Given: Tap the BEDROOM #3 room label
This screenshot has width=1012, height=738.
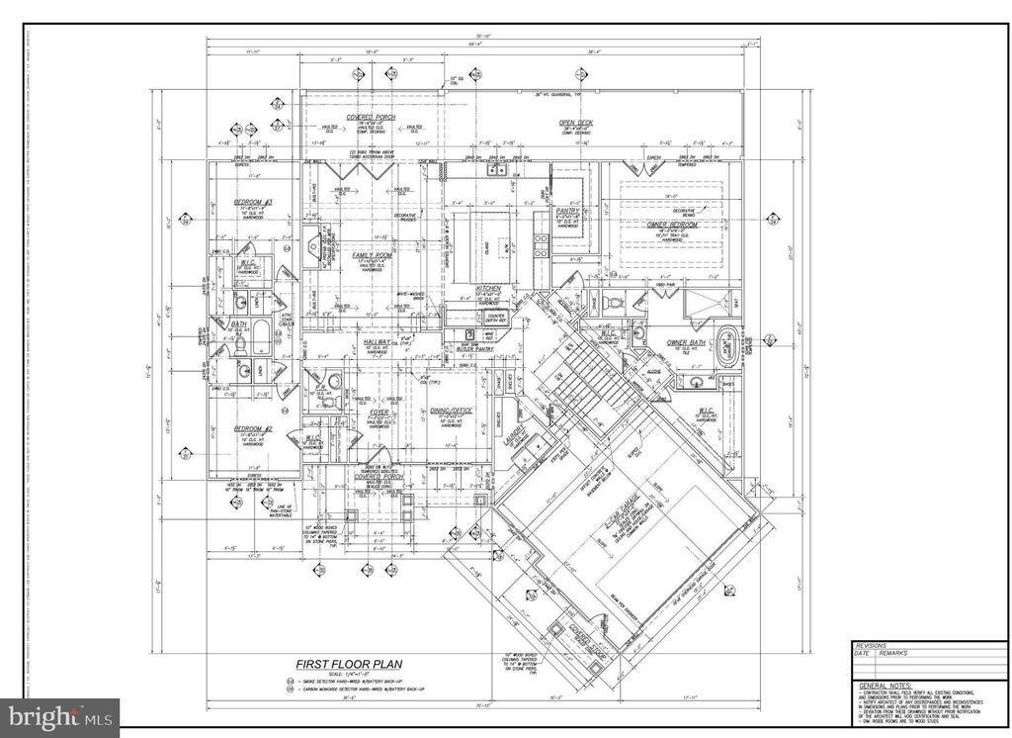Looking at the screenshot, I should (253, 203).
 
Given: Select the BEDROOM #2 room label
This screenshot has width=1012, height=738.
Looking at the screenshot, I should (253, 428).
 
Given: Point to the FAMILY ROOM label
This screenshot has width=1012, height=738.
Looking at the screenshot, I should (373, 254).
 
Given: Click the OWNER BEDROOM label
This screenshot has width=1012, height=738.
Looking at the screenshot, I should (673, 226).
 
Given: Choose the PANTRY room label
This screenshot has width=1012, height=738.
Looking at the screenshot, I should (567, 211).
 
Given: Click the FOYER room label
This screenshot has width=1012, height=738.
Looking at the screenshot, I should (379, 412).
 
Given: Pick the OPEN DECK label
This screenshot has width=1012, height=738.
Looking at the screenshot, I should (576, 124).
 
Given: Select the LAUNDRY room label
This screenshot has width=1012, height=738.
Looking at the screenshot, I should (514, 441).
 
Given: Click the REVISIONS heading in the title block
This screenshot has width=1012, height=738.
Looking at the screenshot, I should (872, 644).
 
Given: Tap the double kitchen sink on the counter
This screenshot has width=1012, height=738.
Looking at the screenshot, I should (496, 171).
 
